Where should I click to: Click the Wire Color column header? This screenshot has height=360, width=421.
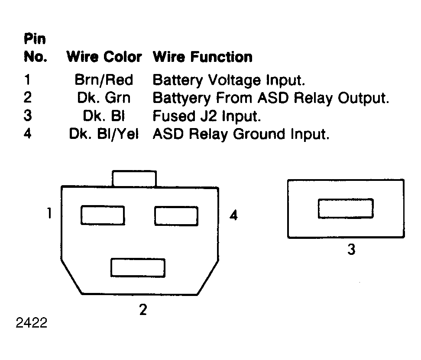tap(104, 57)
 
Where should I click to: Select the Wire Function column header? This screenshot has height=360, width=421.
tap(203, 57)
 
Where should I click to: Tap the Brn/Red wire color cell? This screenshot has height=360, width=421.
tap(104, 80)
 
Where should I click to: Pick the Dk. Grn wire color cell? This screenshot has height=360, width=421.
tap(104, 98)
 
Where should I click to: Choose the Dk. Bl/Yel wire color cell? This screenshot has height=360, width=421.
tap(104, 134)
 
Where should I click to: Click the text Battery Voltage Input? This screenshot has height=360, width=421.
tap(229, 80)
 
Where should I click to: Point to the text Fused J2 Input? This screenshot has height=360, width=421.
tap(207, 116)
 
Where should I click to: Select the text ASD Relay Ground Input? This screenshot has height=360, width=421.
tap(241, 134)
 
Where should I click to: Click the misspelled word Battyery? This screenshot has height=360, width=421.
tap(182, 98)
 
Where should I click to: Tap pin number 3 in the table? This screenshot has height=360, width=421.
tap(28, 116)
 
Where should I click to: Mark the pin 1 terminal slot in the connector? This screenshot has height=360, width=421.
tap(103, 215)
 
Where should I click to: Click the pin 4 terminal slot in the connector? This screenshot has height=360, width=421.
tap(176, 216)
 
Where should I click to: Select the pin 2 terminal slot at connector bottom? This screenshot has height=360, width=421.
tap(138, 267)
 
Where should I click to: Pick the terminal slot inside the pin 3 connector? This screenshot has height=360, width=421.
tap(346, 209)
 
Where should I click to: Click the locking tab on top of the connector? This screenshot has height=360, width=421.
tap(134, 178)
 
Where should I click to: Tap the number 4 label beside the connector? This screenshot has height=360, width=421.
tap(233, 215)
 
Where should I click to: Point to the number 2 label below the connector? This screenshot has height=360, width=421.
tap(143, 309)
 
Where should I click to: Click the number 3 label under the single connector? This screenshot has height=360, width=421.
tap(351, 249)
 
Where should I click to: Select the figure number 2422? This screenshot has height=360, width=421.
tap(32, 323)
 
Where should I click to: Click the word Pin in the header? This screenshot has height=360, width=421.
tap(35, 39)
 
